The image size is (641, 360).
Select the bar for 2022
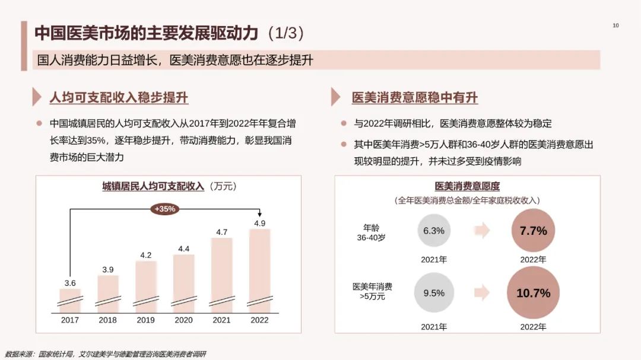coord(259,270)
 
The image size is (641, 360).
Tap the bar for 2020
coord(183,282)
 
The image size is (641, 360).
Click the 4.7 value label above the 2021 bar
coord(221,232)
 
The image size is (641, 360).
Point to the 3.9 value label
coord(107,269)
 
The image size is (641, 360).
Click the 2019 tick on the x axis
coord(145,320)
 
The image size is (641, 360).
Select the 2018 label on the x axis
coord(107,320)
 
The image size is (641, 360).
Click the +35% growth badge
coord(164,209)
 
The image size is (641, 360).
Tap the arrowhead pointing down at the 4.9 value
coord(259,215)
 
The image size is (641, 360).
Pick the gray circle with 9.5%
coord(434,293)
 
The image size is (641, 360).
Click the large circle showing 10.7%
coord(533,293)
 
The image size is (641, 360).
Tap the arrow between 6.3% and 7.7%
coord(482,231)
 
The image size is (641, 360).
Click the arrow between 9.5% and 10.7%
coord(482,292)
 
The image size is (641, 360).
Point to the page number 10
coord(615,26)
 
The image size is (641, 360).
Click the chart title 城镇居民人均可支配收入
coord(153,186)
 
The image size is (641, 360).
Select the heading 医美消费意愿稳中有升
coord(414,98)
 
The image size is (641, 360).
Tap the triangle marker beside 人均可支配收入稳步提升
coord(39,97)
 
